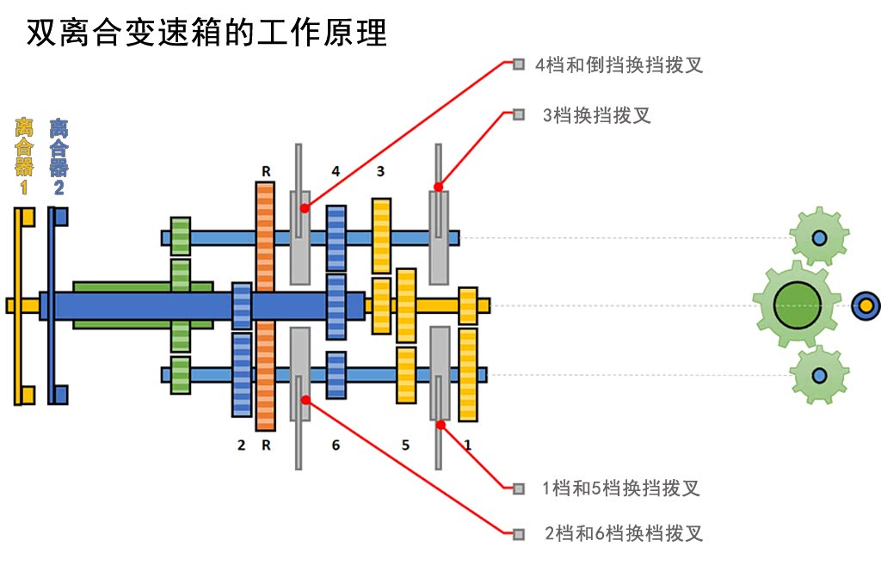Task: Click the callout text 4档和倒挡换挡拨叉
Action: (619, 64)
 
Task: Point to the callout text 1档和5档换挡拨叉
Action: (620, 488)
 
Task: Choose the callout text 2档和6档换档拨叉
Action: (624, 533)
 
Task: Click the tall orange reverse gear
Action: (265, 305)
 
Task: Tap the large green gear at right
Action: (797, 304)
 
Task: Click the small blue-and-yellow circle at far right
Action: (866, 304)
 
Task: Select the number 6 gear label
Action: (336, 445)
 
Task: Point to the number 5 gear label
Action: (405, 445)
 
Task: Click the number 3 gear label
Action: (380, 172)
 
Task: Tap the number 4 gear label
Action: (336, 172)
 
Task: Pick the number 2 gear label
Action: (241, 445)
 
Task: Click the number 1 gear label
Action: (467, 445)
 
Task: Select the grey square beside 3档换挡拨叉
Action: (518, 114)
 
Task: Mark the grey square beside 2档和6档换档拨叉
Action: (518, 533)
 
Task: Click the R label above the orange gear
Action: (266, 172)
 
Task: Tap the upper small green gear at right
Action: (819, 236)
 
